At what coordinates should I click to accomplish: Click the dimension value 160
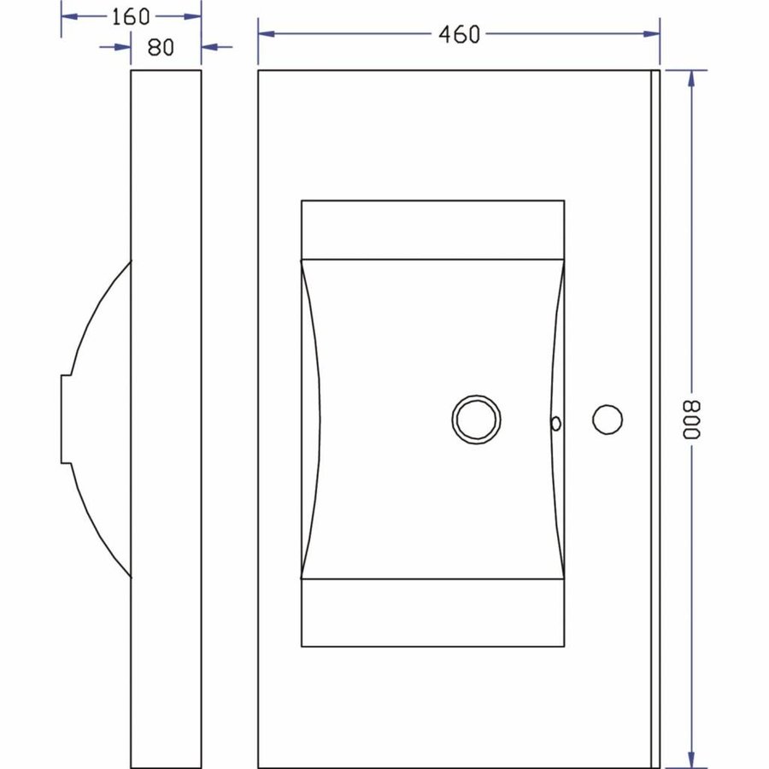(x=131, y=16)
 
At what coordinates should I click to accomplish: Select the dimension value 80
(x=161, y=47)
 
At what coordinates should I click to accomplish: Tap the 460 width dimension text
(x=459, y=34)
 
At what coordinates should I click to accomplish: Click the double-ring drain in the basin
(x=476, y=420)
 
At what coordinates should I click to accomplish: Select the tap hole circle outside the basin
(x=608, y=420)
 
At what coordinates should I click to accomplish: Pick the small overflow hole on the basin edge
(x=555, y=422)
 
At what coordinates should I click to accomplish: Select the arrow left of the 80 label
(x=122, y=47)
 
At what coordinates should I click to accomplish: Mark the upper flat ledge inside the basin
(x=432, y=229)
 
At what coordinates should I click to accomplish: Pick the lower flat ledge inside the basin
(x=432, y=612)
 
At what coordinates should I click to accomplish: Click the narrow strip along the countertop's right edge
(x=655, y=419)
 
